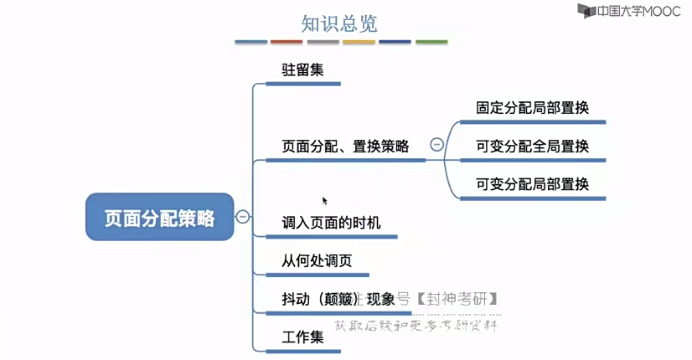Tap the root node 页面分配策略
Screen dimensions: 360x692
point(159,218)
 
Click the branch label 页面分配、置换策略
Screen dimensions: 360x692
point(345,147)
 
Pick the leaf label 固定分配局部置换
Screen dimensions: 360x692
point(532,108)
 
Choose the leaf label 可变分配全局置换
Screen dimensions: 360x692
point(532,147)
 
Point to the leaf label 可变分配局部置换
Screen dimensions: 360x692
point(532,184)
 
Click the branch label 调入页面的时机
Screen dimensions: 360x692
point(331,223)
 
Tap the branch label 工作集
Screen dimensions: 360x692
point(302,337)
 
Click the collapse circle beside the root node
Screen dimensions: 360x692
point(243,217)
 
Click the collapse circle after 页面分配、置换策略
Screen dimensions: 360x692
point(436,145)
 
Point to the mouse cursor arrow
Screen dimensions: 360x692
point(324,200)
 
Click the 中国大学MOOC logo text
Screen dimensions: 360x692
point(633,11)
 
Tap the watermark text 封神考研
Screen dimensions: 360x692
point(461,299)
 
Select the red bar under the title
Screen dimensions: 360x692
point(287,42)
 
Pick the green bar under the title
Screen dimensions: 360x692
point(431,42)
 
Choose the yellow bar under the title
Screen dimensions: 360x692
point(359,42)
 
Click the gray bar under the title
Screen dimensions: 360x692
point(323,42)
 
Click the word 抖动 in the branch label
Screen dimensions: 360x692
point(295,299)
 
